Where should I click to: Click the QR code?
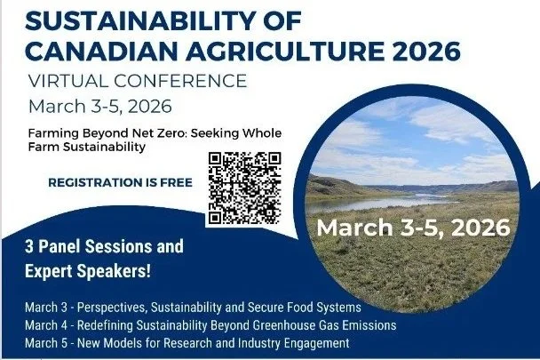pyautogui.click(x=243, y=188)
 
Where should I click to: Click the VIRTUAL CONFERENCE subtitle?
pyautogui.click(x=138, y=80)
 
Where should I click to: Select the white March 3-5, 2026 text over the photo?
pyautogui.click(x=412, y=227)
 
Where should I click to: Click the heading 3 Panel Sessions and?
pyautogui.click(x=105, y=246)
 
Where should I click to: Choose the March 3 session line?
pyautogui.click(x=193, y=308)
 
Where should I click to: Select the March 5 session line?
pyautogui.click(x=187, y=342)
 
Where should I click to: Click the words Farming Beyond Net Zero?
pyautogui.click(x=103, y=132)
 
